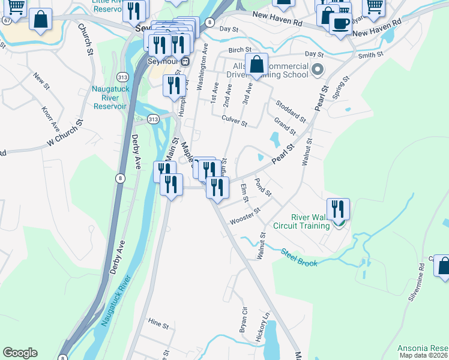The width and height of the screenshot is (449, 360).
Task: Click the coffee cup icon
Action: (x=340, y=25)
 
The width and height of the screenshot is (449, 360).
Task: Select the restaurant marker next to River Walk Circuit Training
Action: (x=338, y=209)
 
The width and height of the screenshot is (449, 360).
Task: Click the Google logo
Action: (x=20, y=353)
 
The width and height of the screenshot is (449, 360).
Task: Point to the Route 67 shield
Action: (x=5, y=20)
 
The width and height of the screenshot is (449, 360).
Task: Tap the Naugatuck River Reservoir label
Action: (x=109, y=97)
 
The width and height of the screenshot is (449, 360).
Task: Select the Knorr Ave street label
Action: (x=50, y=119)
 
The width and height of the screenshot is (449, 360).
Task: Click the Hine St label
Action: (x=158, y=325)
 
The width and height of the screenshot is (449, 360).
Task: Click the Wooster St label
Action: (x=245, y=215)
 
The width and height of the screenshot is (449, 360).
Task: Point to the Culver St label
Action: (x=234, y=121)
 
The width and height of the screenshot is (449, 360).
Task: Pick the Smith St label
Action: (x=370, y=55)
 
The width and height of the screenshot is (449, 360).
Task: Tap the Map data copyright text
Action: (x=424, y=355)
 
